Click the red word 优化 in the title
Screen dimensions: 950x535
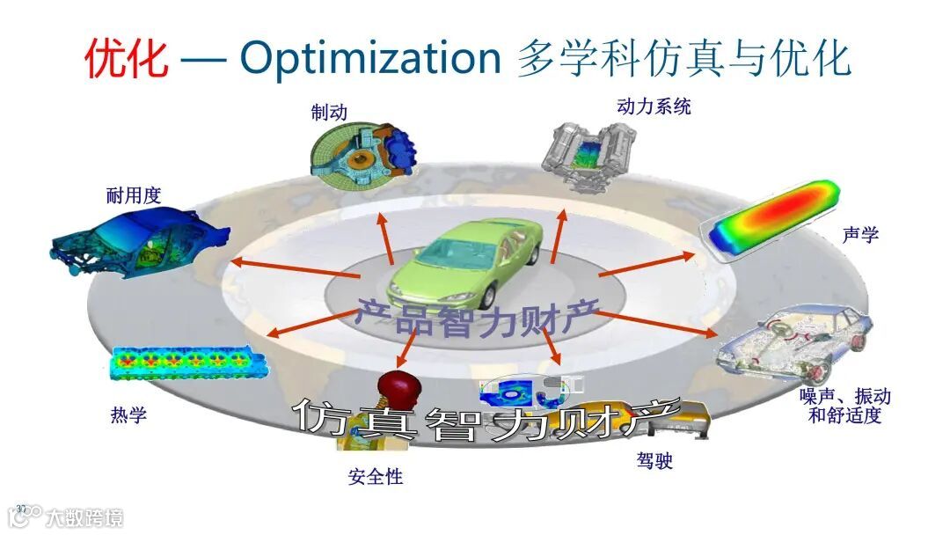127,58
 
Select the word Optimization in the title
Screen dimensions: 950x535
370,58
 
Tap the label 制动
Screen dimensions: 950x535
329,113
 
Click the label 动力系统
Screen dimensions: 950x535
654,106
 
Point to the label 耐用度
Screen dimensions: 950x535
134,195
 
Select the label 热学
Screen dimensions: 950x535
128,414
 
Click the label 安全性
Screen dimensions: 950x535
376,477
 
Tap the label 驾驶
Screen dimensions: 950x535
654,460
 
